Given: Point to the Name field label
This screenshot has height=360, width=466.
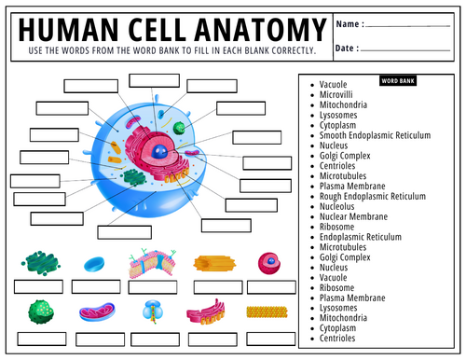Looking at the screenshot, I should click(349, 24).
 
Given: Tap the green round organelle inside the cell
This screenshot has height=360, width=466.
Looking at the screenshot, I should click(179, 128).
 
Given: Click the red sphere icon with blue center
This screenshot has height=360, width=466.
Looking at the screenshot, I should click(268, 263).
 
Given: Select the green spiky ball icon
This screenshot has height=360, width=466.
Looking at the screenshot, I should click(39, 311).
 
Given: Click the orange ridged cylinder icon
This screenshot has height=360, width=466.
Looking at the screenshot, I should click(211, 264).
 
